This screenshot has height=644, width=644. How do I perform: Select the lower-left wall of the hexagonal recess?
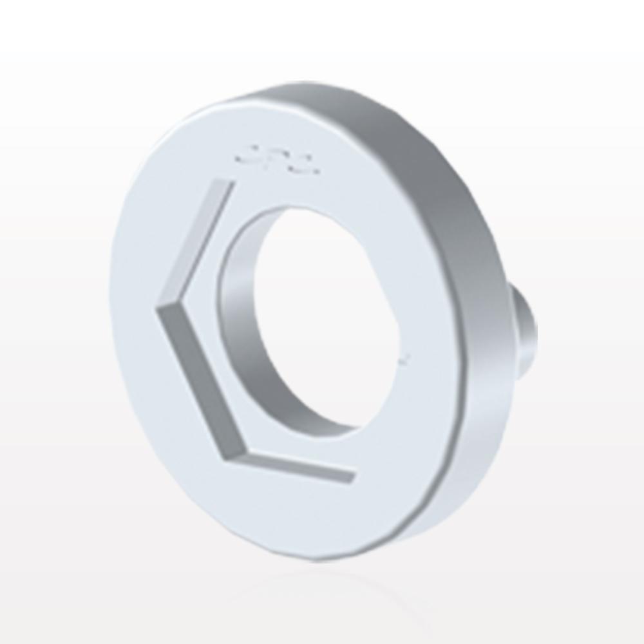(193, 386)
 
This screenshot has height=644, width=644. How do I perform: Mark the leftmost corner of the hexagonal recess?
(158, 309)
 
